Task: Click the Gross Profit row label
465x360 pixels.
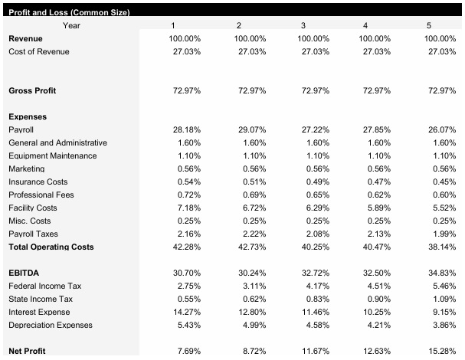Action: point(32,90)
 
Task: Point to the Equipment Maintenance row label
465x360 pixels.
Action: point(53,155)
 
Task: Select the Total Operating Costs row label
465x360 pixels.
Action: point(51,247)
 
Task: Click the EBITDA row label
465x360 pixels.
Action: point(24,273)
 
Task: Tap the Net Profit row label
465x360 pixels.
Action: point(27,351)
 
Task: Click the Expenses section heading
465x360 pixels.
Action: point(28,116)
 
